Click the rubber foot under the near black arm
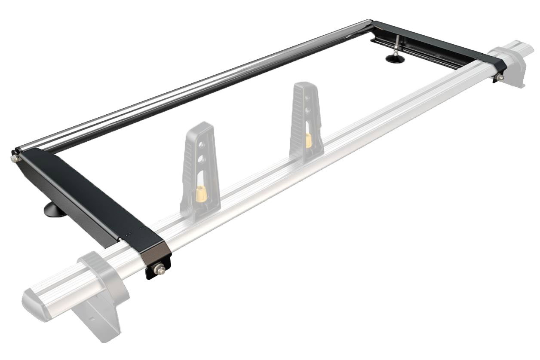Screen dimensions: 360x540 click(54, 211)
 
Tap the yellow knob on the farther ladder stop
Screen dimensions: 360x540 click(308, 140)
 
